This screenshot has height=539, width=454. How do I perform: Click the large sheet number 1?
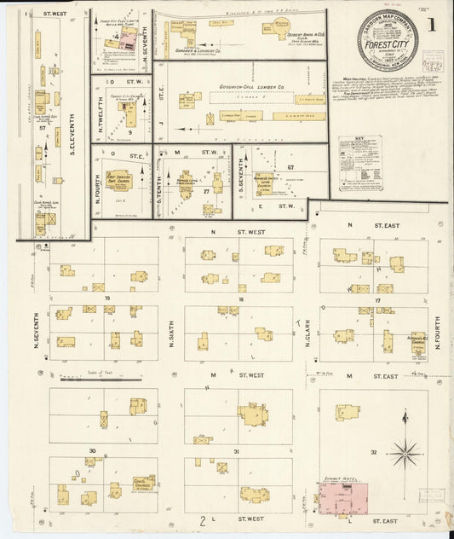(432, 24)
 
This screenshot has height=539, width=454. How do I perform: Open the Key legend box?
(359, 162)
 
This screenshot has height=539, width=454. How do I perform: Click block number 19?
(108, 298)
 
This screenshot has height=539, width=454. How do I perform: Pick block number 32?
(373, 451)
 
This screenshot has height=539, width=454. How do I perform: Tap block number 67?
(290, 167)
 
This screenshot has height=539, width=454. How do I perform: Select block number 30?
(91, 450)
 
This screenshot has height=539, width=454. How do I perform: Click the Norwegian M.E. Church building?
(417, 341)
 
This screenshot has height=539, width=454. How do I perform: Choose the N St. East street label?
(373, 224)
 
